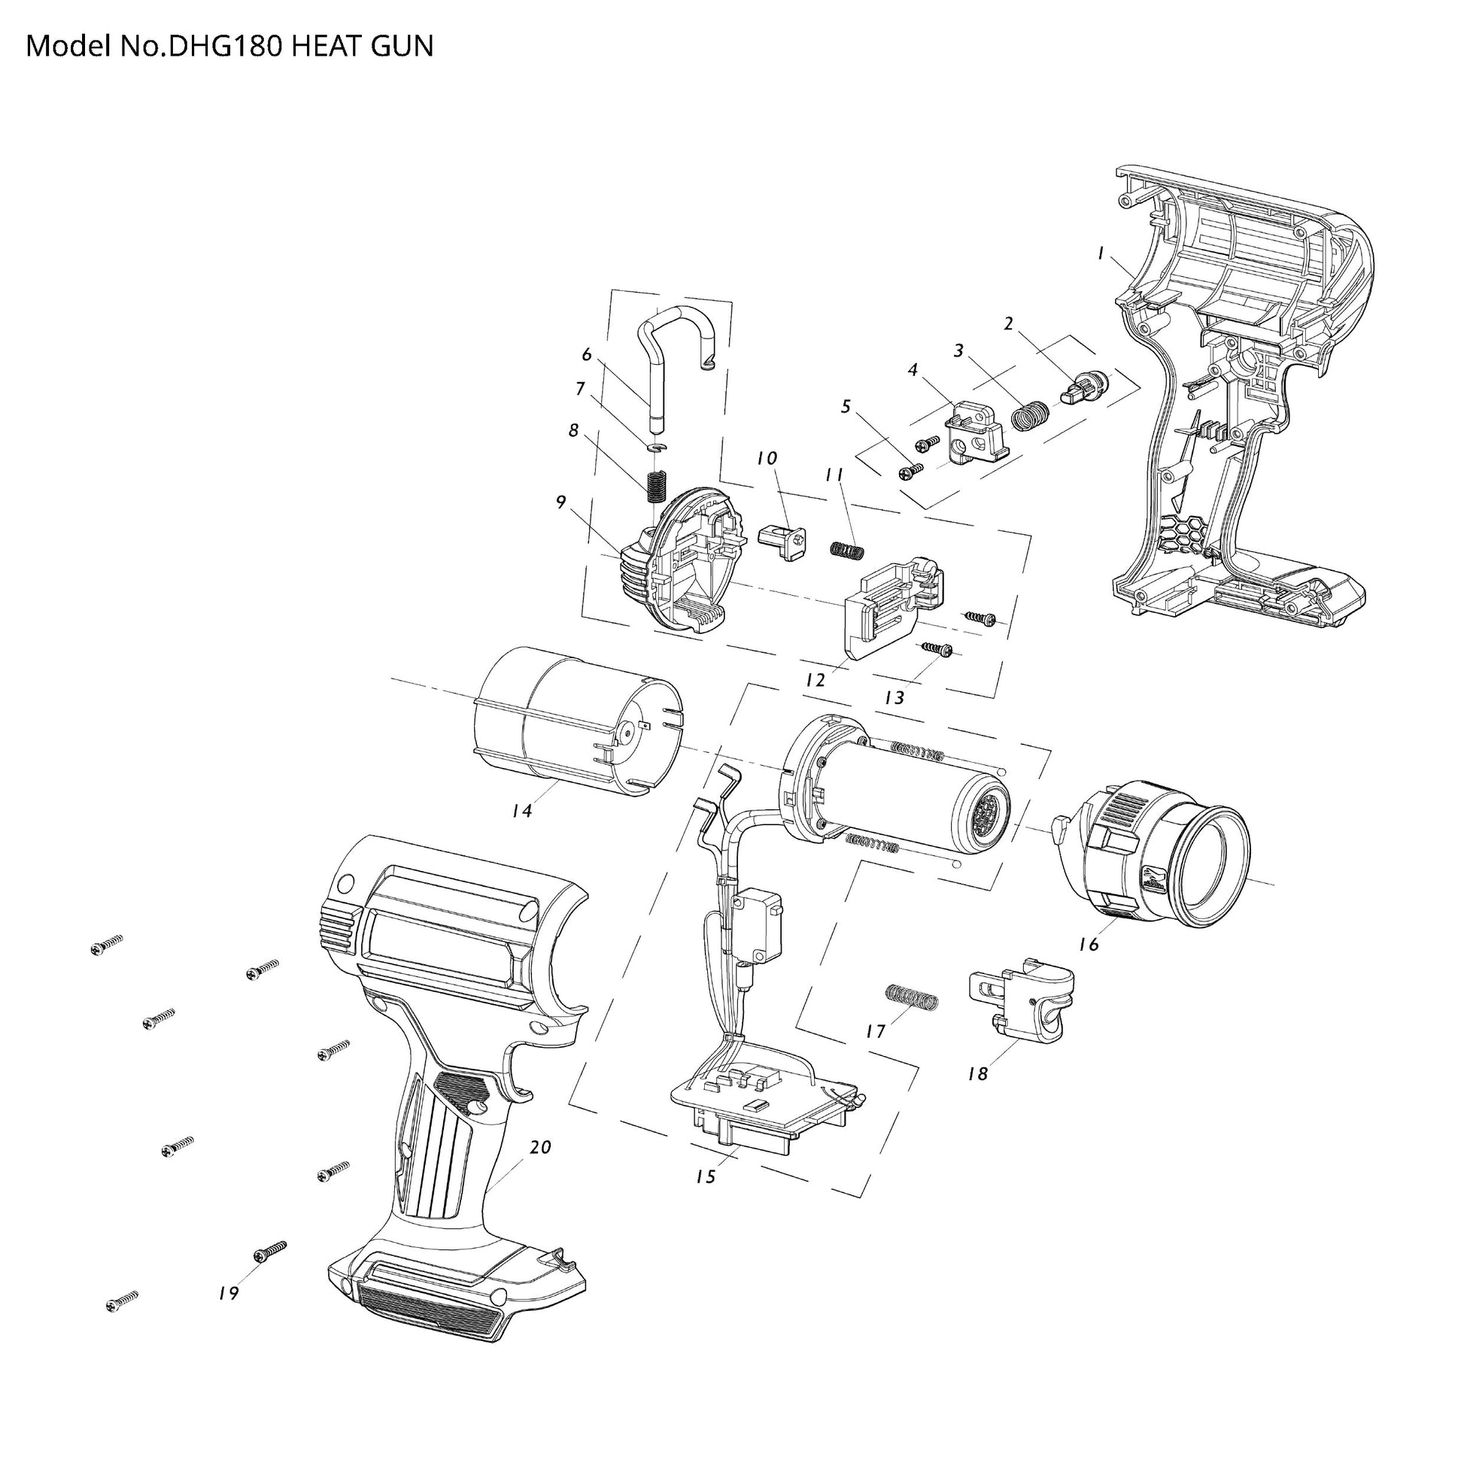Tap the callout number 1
point(1101,253)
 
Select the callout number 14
point(521,810)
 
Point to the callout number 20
point(541,1148)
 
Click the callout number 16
point(1089,945)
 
